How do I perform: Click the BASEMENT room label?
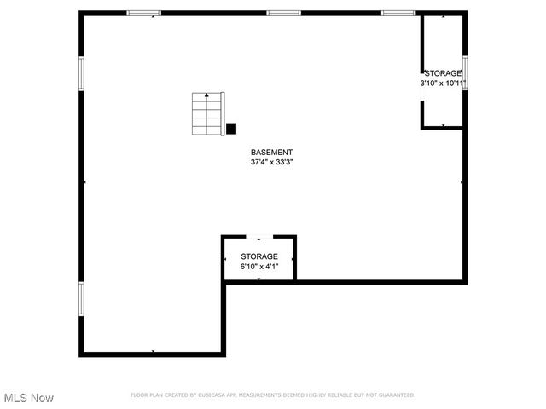pos(271,152)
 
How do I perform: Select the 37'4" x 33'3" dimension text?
pos(271,162)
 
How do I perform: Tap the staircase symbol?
pos(206,114)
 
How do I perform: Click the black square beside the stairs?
pos(230,129)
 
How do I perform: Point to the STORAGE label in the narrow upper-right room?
pos(443,74)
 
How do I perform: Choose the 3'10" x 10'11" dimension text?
pos(443,84)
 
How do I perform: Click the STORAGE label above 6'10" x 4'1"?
pos(258,256)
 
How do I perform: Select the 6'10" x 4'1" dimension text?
pos(258,267)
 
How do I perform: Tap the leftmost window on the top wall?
pos(144,13)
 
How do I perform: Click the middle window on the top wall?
pos(283,13)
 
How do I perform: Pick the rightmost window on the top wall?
pos(398,13)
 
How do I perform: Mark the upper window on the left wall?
pos(82,72)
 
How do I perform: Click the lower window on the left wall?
pos(82,299)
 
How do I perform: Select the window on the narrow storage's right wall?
pos(465,72)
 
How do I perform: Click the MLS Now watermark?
pos(29,398)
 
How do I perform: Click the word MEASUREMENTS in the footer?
pos(259,395)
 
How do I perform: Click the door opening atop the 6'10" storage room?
pos(258,236)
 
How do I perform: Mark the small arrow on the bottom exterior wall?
pos(153,352)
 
